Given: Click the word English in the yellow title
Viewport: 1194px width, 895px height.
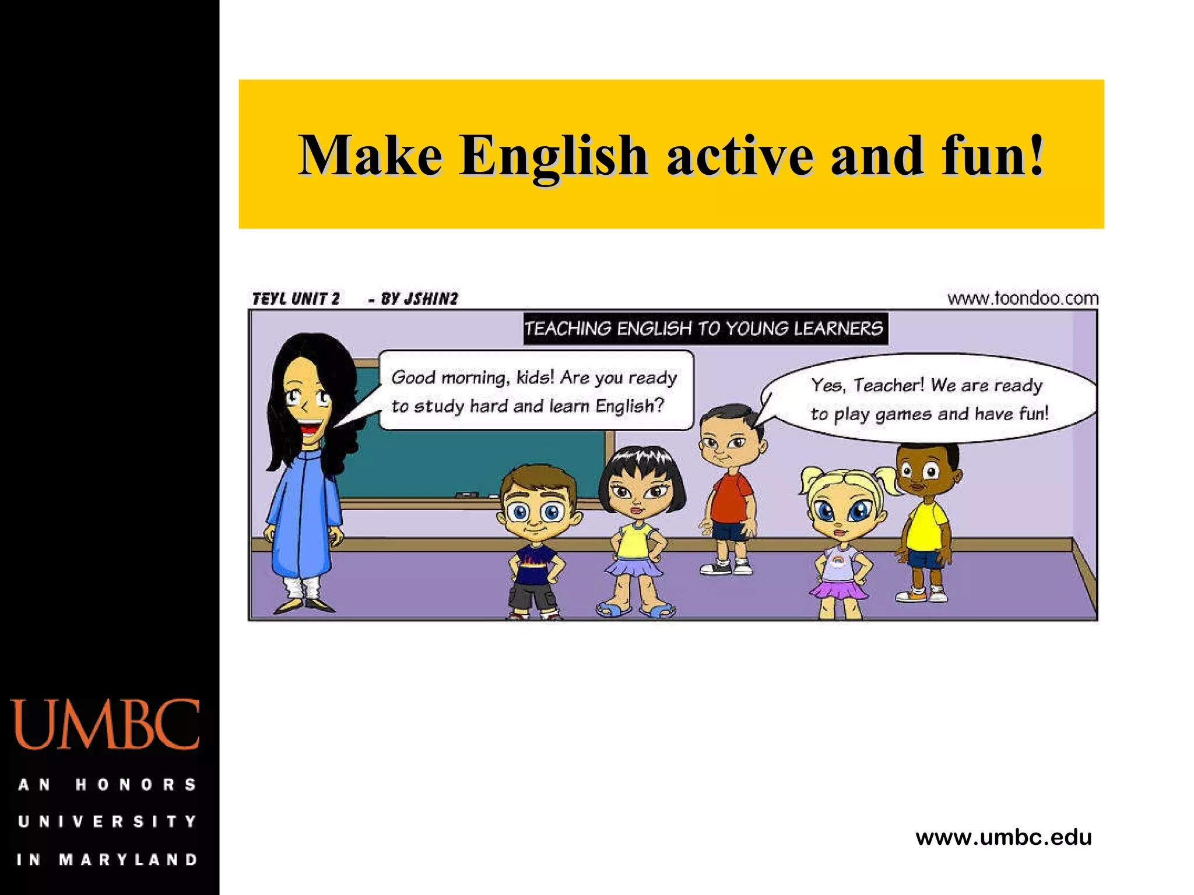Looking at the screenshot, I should (553, 156).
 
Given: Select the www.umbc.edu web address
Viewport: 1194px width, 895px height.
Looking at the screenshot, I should (1003, 837).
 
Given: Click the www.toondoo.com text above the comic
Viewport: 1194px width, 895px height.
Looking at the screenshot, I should (1023, 298).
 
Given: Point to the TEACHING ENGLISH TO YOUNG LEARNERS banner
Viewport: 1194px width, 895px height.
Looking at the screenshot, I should (704, 329).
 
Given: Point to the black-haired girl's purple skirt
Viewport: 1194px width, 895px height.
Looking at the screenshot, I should (633, 567).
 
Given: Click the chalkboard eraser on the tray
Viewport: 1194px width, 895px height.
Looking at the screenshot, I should (466, 495).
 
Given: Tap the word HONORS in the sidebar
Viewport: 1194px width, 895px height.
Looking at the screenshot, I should (135, 785).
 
